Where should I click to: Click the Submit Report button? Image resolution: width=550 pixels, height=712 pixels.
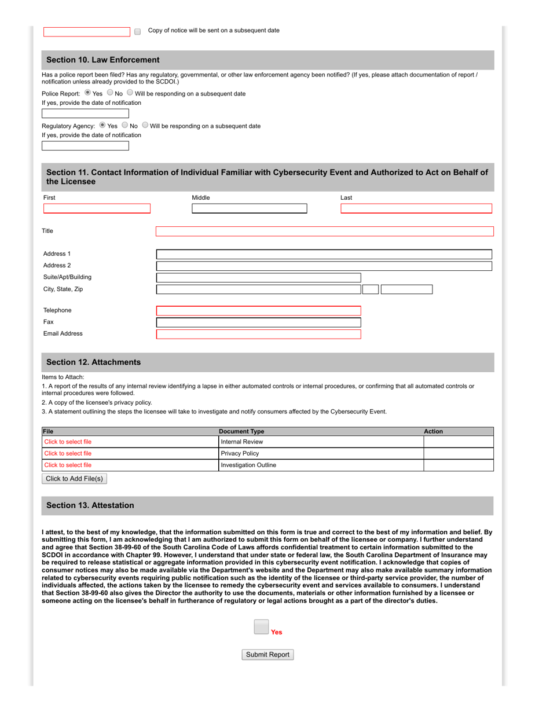click(x=267, y=655)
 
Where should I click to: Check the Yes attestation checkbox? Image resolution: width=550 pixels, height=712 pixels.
click(x=261, y=627)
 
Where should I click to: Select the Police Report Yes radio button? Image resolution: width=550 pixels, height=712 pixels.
click(x=87, y=93)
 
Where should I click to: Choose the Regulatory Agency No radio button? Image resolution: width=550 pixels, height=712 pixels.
click(x=124, y=125)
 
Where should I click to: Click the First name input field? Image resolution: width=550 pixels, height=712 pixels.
click(x=97, y=208)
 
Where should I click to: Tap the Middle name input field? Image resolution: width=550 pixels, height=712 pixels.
click(x=249, y=208)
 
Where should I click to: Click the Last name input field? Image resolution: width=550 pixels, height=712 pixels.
click(x=416, y=208)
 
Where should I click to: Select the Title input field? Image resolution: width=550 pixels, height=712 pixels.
click(x=324, y=232)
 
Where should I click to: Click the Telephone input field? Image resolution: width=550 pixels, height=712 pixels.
click(x=258, y=311)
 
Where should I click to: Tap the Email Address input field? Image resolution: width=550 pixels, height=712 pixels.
click(x=258, y=334)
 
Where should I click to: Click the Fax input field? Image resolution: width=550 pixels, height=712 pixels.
click(x=258, y=322)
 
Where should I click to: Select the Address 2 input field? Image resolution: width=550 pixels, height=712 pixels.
click(x=324, y=266)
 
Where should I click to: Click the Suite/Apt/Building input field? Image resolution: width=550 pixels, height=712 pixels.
click(x=258, y=277)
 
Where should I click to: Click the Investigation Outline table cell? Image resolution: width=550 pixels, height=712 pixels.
click(x=320, y=465)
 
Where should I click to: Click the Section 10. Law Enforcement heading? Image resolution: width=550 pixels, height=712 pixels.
click(x=102, y=60)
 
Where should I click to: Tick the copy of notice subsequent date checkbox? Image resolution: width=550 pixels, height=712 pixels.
click(x=137, y=32)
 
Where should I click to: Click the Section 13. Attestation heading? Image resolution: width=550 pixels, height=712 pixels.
click(x=90, y=505)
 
